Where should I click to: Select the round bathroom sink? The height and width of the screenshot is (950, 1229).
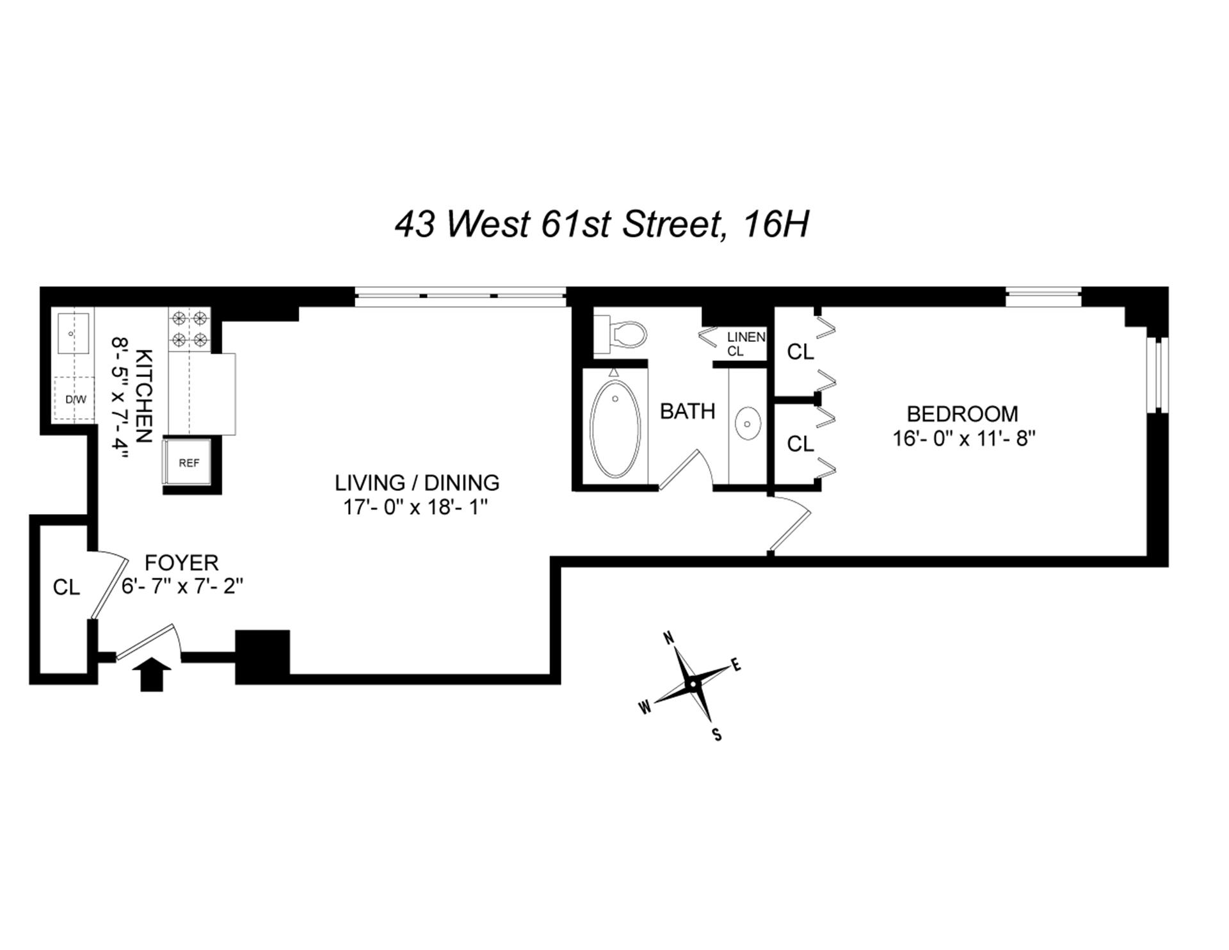coord(747,423)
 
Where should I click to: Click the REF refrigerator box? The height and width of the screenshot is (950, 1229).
coord(188,462)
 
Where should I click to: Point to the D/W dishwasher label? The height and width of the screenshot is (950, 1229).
coord(76,400)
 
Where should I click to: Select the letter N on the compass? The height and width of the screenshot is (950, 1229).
coord(668,638)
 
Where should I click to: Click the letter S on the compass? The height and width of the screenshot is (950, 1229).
coord(717,734)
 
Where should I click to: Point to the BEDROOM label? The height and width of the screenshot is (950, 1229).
coord(962,414)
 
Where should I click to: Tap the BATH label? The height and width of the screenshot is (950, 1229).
coord(687,411)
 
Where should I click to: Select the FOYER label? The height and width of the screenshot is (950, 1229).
coord(182,563)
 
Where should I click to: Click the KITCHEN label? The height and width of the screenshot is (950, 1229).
coord(144,396)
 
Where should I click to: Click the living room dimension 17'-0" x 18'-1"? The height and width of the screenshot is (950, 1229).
coord(416,508)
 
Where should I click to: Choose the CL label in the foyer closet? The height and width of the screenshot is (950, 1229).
coord(66,587)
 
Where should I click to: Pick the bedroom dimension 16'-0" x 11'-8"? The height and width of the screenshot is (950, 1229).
coord(964,439)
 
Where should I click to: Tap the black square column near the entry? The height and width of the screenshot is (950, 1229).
coord(262,657)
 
